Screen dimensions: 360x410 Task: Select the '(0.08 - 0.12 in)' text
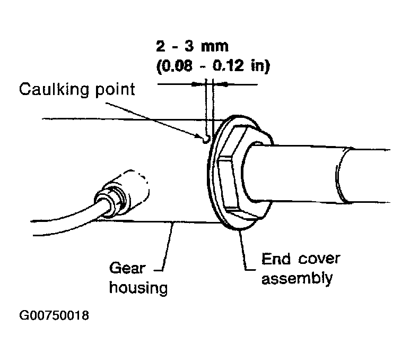(x=214, y=66)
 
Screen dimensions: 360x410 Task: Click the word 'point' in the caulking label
(x=112, y=90)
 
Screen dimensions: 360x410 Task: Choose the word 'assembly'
(x=297, y=278)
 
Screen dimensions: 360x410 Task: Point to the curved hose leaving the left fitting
(x=58, y=217)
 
